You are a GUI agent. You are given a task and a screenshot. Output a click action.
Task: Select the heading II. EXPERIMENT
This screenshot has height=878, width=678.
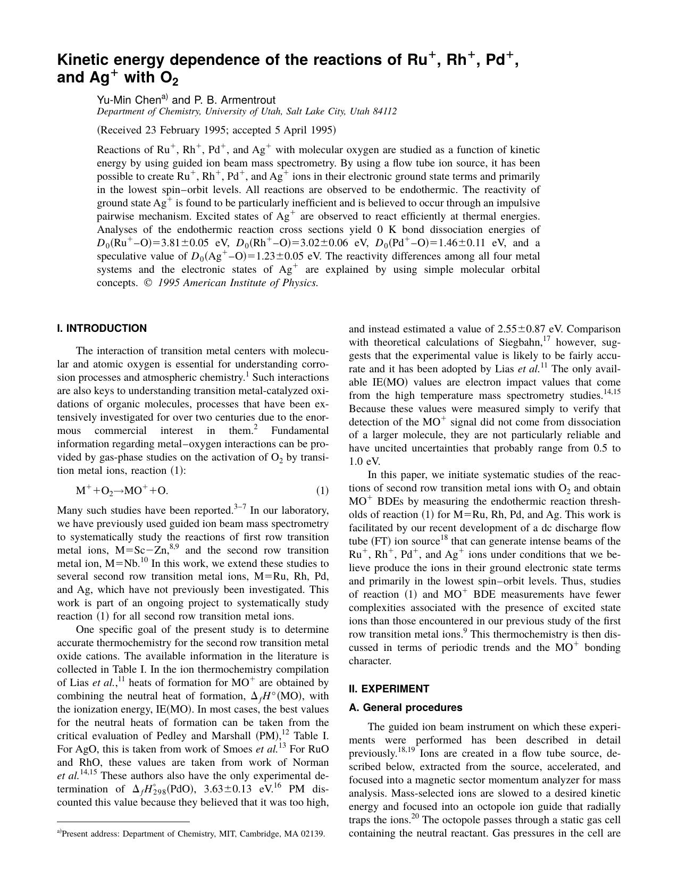pos(389,689)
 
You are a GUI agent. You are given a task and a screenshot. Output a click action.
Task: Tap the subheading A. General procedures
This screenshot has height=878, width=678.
pos(405,707)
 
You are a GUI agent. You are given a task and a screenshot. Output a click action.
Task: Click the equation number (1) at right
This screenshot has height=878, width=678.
pos(322,490)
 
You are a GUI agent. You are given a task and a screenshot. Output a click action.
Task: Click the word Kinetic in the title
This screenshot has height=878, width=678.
pos(79,60)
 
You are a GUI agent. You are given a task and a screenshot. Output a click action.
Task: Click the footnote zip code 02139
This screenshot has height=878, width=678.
pos(312,834)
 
